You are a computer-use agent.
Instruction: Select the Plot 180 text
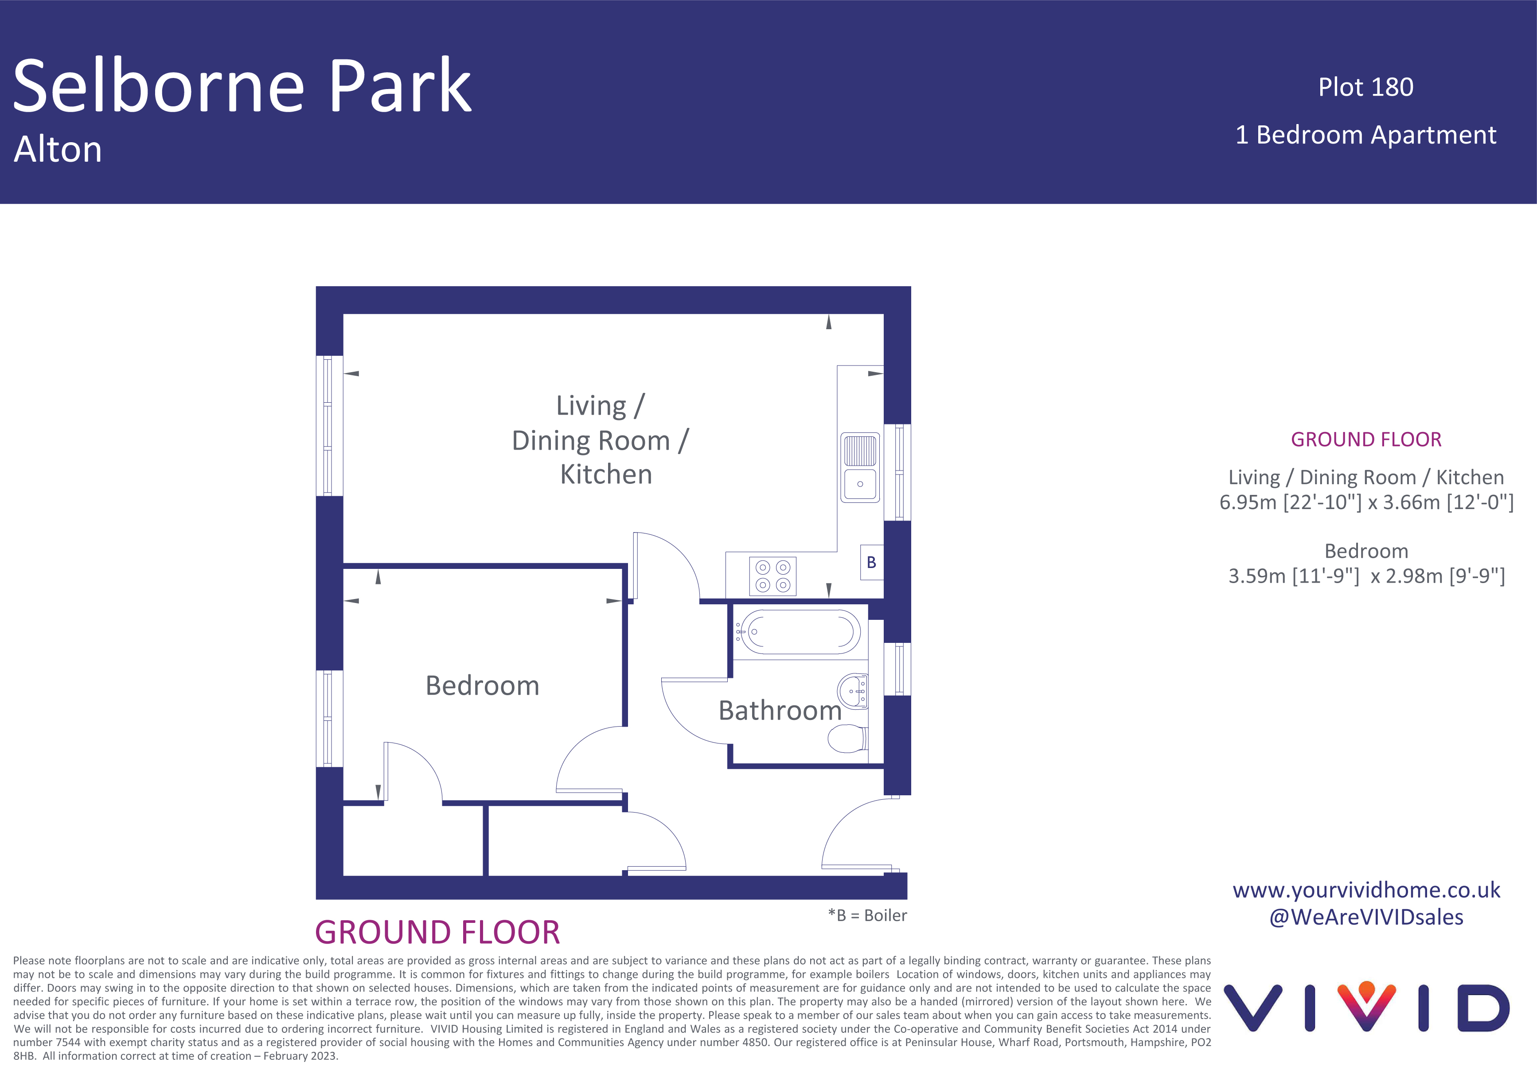(1365, 87)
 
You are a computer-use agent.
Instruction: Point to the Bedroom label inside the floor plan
(482, 685)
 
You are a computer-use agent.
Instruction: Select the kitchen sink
(860, 467)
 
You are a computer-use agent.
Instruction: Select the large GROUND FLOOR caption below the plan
(437, 932)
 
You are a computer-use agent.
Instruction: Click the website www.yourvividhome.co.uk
(1366, 891)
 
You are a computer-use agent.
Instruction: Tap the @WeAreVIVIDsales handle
(1366, 917)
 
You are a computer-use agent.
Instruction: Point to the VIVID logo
(1366, 1007)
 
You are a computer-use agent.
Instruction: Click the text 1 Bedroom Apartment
(1365, 135)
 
